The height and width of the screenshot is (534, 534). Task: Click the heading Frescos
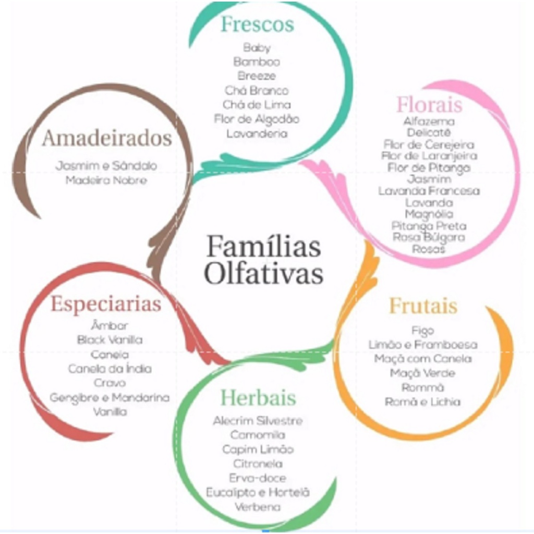tap(257, 25)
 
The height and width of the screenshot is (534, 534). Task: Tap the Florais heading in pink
tap(429, 105)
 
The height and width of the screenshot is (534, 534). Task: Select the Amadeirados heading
tap(107, 139)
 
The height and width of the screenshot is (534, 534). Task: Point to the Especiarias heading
tap(106, 304)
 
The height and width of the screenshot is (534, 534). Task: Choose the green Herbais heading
tap(258, 398)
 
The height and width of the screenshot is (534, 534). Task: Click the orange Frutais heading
tap(423, 306)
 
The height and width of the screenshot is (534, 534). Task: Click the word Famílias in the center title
tap(263, 247)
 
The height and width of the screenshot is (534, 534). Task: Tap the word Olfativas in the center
tap(263, 274)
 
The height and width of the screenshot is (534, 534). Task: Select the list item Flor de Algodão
tap(257, 119)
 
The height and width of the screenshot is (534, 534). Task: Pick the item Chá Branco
tap(257, 90)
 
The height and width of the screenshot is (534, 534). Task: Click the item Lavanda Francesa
tap(429, 191)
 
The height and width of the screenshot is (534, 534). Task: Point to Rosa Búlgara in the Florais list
tap(429, 237)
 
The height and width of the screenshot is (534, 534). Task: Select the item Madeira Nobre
tap(106, 180)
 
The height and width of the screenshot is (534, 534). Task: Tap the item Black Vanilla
tap(110, 340)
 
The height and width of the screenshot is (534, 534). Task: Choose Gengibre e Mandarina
tap(110, 397)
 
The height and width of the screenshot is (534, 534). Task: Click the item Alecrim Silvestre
tap(258, 420)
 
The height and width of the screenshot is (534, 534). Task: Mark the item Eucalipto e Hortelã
tap(258, 492)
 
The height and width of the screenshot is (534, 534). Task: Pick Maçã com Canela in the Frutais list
tap(423, 359)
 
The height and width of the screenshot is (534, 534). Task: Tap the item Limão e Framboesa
tap(423, 345)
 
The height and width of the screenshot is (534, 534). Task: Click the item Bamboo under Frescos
tap(257, 62)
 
